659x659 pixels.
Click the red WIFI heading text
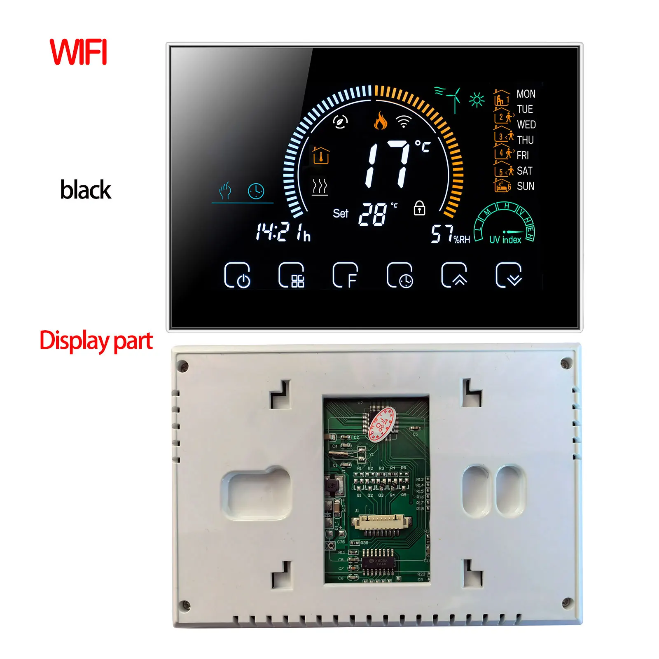click(x=78, y=52)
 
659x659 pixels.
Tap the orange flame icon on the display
click(x=381, y=121)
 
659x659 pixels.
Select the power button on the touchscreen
click(x=237, y=275)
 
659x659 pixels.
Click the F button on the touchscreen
click(x=346, y=275)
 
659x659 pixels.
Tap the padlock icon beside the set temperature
click(x=419, y=208)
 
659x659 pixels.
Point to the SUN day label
click(x=526, y=187)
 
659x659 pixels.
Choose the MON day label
click(x=526, y=94)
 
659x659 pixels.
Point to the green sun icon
click(x=477, y=100)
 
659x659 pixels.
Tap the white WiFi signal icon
click(x=404, y=122)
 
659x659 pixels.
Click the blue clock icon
click(x=256, y=191)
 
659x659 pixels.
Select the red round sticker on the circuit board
click(x=382, y=425)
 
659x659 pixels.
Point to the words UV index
click(x=505, y=240)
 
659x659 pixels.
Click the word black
click(x=86, y=190)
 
